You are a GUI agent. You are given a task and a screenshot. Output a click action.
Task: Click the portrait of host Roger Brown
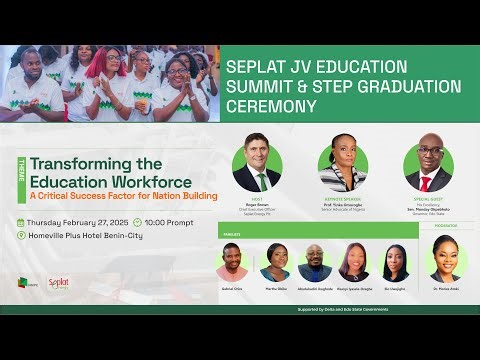point(257,163)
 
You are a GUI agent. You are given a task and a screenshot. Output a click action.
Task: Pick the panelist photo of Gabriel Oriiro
point(232,263)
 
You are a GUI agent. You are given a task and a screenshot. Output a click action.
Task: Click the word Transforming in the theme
point(77,164)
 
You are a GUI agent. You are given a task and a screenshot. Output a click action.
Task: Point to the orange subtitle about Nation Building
point(123,195)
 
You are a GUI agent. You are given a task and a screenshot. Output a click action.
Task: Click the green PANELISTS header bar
point(320,231)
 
